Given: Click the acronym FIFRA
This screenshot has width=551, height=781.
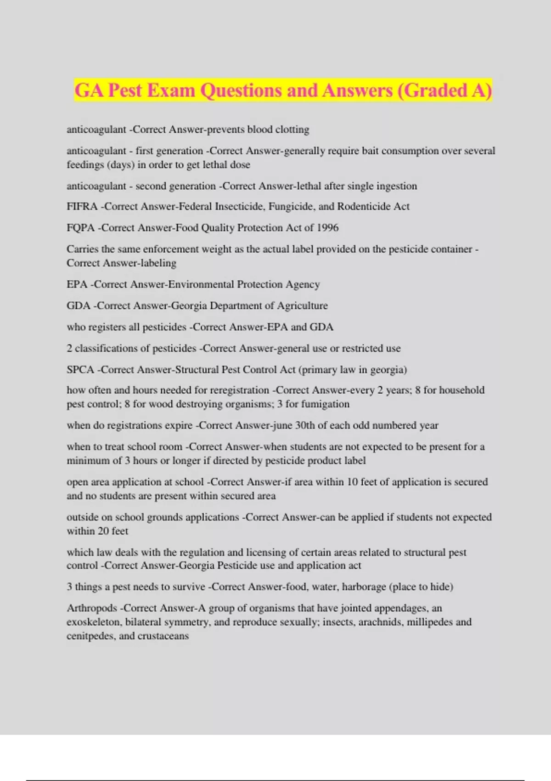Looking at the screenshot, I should pos(82,207).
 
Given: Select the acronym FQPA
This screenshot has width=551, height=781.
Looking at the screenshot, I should pos(80,228).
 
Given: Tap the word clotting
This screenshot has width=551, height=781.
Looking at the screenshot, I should pos(292,130).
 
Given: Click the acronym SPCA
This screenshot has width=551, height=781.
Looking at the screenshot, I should pos(80,370).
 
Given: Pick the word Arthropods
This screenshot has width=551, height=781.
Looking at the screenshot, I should pos(92,608).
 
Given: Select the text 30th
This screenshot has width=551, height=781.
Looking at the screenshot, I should pos(305,425).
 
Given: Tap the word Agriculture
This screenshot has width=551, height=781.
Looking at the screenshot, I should pos(302,306).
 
